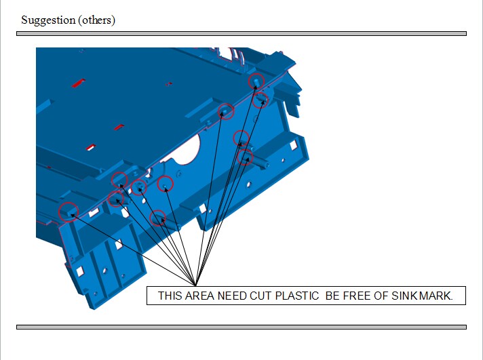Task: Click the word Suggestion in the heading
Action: (x=48, y=20)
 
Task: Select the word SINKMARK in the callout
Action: (x=427, y=296)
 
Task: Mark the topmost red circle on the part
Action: (x=256, y=81)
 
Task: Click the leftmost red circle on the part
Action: (x=67, y=212)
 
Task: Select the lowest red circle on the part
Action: (x=157, y=218)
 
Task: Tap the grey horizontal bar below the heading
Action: (x=241, y=33)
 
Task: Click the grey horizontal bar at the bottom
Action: (x=241, y=327)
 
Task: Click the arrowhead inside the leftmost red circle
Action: (x=71, y=214)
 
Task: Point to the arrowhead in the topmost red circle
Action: (x=256, y=83)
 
